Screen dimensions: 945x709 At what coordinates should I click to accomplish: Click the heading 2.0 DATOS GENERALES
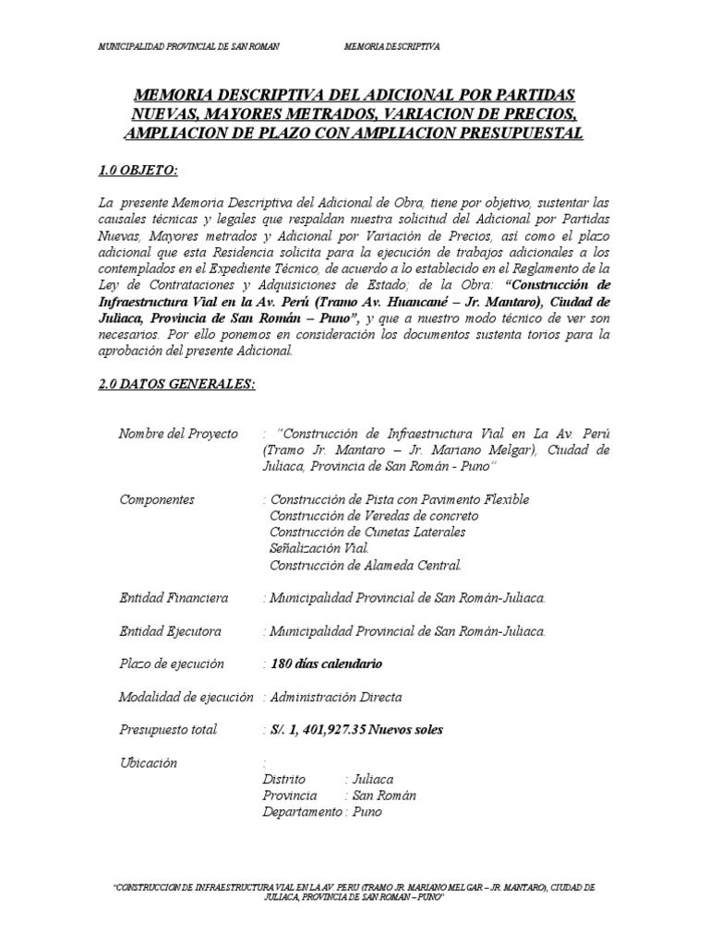click(x=175, y=384)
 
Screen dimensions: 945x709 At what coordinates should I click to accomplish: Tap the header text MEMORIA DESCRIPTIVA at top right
click(x=391, y=44)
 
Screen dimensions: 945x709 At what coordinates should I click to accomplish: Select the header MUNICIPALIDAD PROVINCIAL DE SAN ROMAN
click(x=189, y=44)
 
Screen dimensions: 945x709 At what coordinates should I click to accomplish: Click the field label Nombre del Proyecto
click(x=178, y=434)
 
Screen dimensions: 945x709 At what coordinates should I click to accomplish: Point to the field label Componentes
click(x=157, y=499)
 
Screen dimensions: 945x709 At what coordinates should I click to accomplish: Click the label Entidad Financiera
click(x=174, y=598)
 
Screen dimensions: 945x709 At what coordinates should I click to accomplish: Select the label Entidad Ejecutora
click(x=172, y=631)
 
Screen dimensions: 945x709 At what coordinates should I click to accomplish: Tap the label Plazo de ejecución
click(x=172, y=664)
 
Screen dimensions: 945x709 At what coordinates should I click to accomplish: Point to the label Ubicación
click(x=148, y=763)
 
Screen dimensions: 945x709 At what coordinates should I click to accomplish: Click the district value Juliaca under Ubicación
click(x=374, y=780)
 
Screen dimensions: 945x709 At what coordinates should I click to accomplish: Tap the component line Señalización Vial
click(x=318, y=548)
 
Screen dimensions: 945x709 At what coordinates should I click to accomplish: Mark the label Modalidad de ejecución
click(x=186, y=697)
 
